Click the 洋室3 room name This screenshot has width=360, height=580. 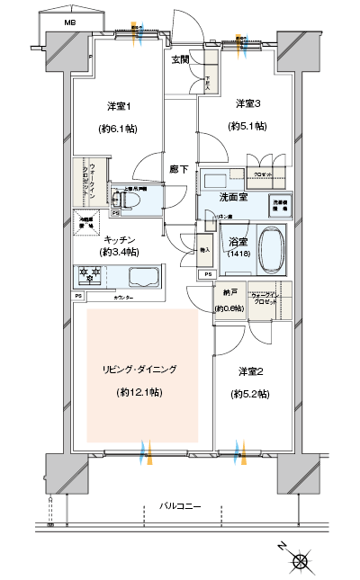(248, 103)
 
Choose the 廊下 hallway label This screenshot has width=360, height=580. (178, 168)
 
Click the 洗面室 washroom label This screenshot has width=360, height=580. (233, 197)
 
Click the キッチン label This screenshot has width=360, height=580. (120, 239)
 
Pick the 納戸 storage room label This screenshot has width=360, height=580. (225, 294)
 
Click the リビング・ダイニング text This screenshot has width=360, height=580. (139, 369)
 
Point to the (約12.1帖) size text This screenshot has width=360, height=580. (139, 393)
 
